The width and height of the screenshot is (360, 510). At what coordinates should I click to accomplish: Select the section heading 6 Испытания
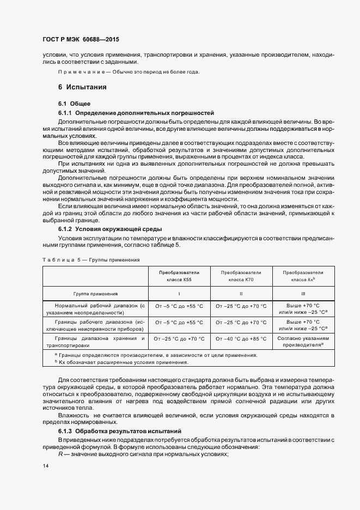pos(82,87)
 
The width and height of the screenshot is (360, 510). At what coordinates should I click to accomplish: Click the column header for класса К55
pos(179,276)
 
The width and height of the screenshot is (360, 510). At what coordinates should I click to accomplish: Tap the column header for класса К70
pos(241,276)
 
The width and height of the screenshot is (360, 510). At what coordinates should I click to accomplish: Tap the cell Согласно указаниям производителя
pos(303,342)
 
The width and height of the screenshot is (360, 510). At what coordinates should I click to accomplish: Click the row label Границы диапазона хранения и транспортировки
pos(96,342)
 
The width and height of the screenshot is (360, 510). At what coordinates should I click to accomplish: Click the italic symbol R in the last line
pos(60,454)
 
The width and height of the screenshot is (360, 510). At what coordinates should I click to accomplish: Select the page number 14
pos(46,466)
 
